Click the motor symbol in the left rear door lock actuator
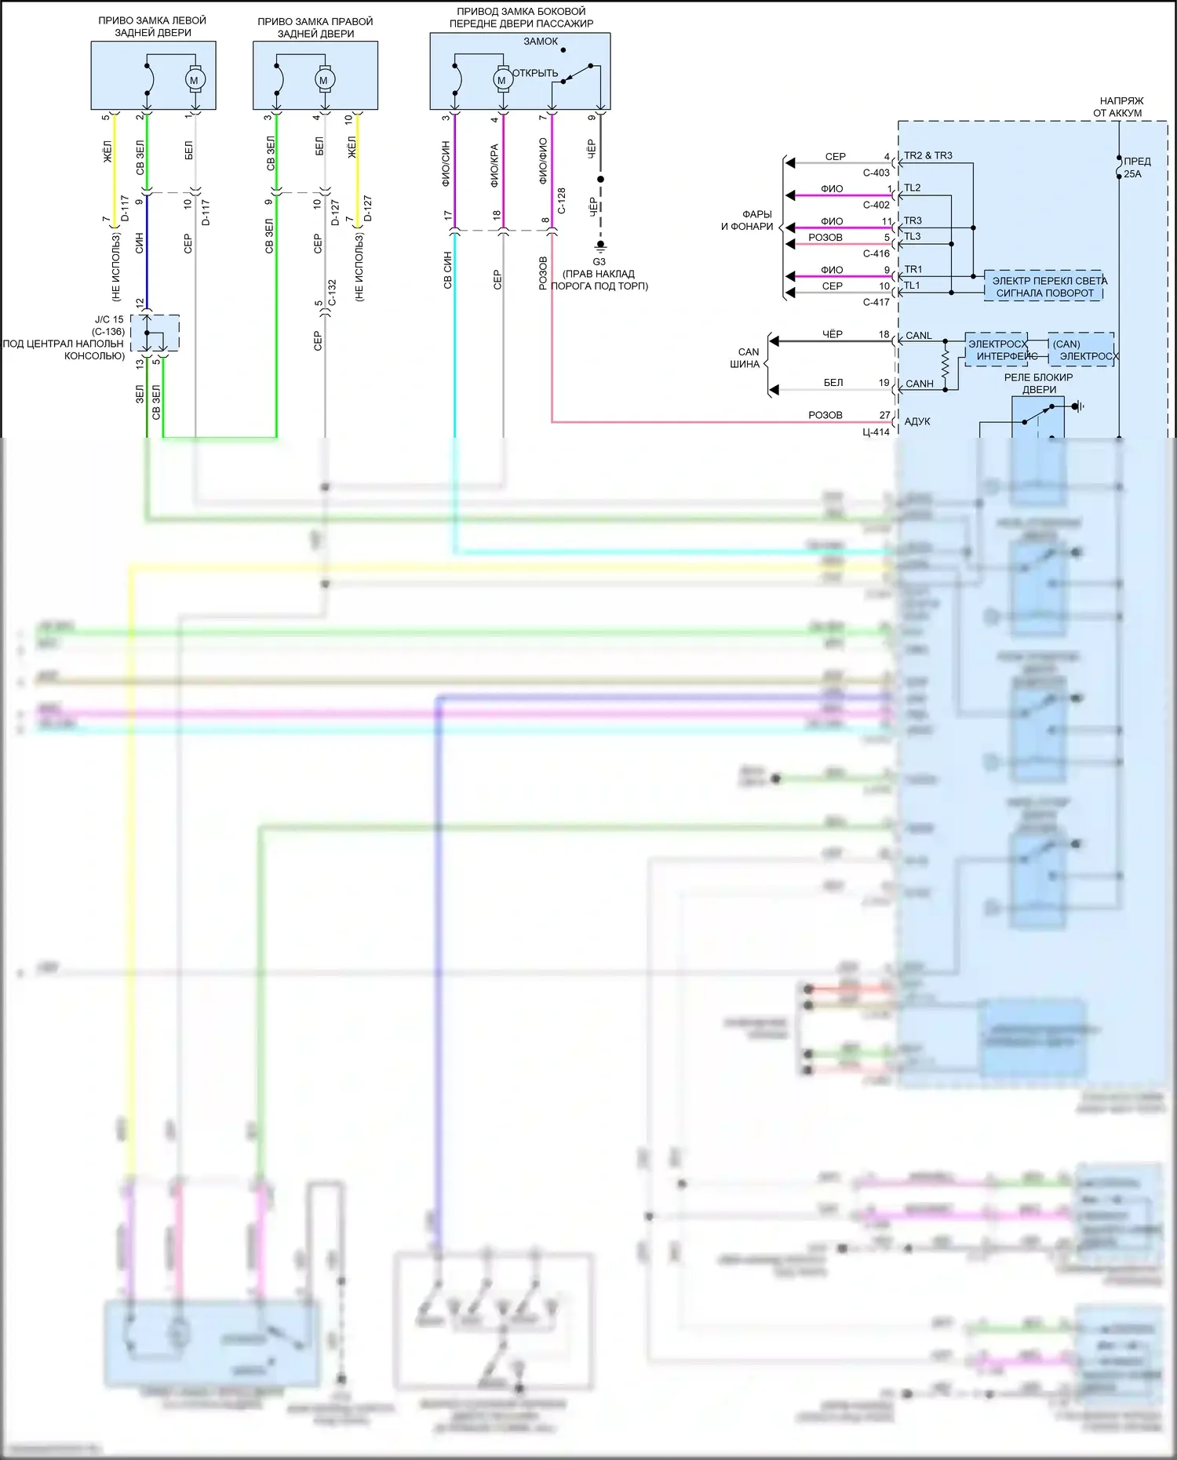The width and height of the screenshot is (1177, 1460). point(195,80)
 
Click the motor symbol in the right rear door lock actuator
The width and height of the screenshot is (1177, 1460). point(323,80)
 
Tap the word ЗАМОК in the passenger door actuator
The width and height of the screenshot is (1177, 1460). point(541,42)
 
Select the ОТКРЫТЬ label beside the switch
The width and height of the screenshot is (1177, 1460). point(535,73)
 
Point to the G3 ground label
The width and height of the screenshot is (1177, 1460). point(599,262)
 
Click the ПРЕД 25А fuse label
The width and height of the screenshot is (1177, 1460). point(1136,167)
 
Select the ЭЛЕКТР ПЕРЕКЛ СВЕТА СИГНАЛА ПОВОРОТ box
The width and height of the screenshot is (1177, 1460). point(1044,286)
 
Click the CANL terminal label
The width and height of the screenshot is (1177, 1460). point(919,336)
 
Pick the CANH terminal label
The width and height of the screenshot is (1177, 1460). point(920,384)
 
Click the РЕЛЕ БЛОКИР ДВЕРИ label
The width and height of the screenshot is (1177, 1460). point(1038,383)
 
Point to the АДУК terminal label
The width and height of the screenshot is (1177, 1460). point(917,421)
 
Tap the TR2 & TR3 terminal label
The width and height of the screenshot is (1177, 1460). point(927,156)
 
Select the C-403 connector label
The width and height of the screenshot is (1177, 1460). point(876,173)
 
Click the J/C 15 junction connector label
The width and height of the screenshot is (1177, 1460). point(109,319)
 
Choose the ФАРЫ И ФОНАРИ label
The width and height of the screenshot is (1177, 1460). point(748,220)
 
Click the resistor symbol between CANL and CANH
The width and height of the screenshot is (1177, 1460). point(946,363)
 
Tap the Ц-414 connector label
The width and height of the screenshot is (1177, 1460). point(876,432)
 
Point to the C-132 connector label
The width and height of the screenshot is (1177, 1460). point(332,293)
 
